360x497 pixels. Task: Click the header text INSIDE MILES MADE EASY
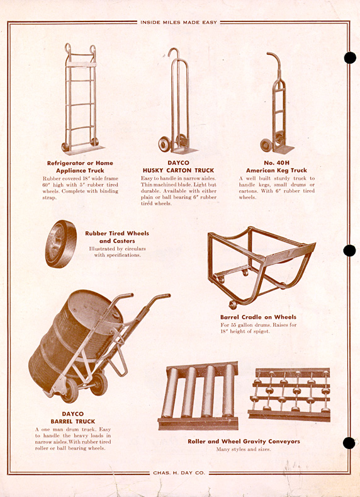click(x=179, y=23)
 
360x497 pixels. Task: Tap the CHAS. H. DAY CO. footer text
click(x=179, y=472)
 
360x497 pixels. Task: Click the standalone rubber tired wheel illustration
click(x=61, y=244)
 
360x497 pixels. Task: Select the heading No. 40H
click(x=276, y=163)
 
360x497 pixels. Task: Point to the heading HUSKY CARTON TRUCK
click(x=178, y=171)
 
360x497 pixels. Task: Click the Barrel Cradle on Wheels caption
click(x=259, y=317)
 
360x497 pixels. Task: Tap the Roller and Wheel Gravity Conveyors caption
click(x=244, y=441)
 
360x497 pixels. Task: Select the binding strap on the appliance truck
click(x=81, y=64)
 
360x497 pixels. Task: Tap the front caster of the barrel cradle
click(x=233, y=305)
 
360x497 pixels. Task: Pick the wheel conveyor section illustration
click(x=289, y=394)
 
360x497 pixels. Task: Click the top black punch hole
click(x=350, y=58)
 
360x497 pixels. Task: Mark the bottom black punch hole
click(x=349, y=443)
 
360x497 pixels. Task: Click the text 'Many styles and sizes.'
click(x=244, y=449)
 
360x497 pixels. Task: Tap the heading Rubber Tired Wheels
click(x=117, y=233)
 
